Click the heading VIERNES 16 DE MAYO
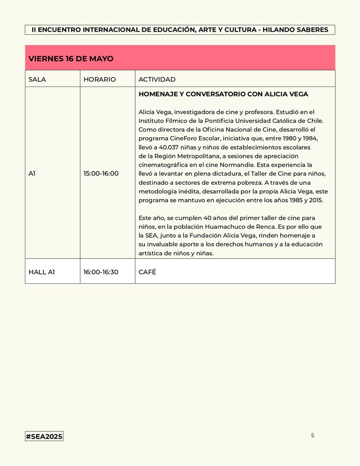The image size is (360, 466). tap(71, 59)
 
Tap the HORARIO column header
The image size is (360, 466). tap(99, 79)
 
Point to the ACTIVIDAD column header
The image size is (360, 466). tap(157, 79)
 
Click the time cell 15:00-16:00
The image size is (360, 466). tap(101, 173)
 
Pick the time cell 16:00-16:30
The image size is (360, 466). tap(101, 272)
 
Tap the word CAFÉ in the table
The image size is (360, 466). tap(147, 272)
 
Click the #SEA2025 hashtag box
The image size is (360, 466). tap(44, 436)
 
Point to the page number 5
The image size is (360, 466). tap(312, 435)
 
